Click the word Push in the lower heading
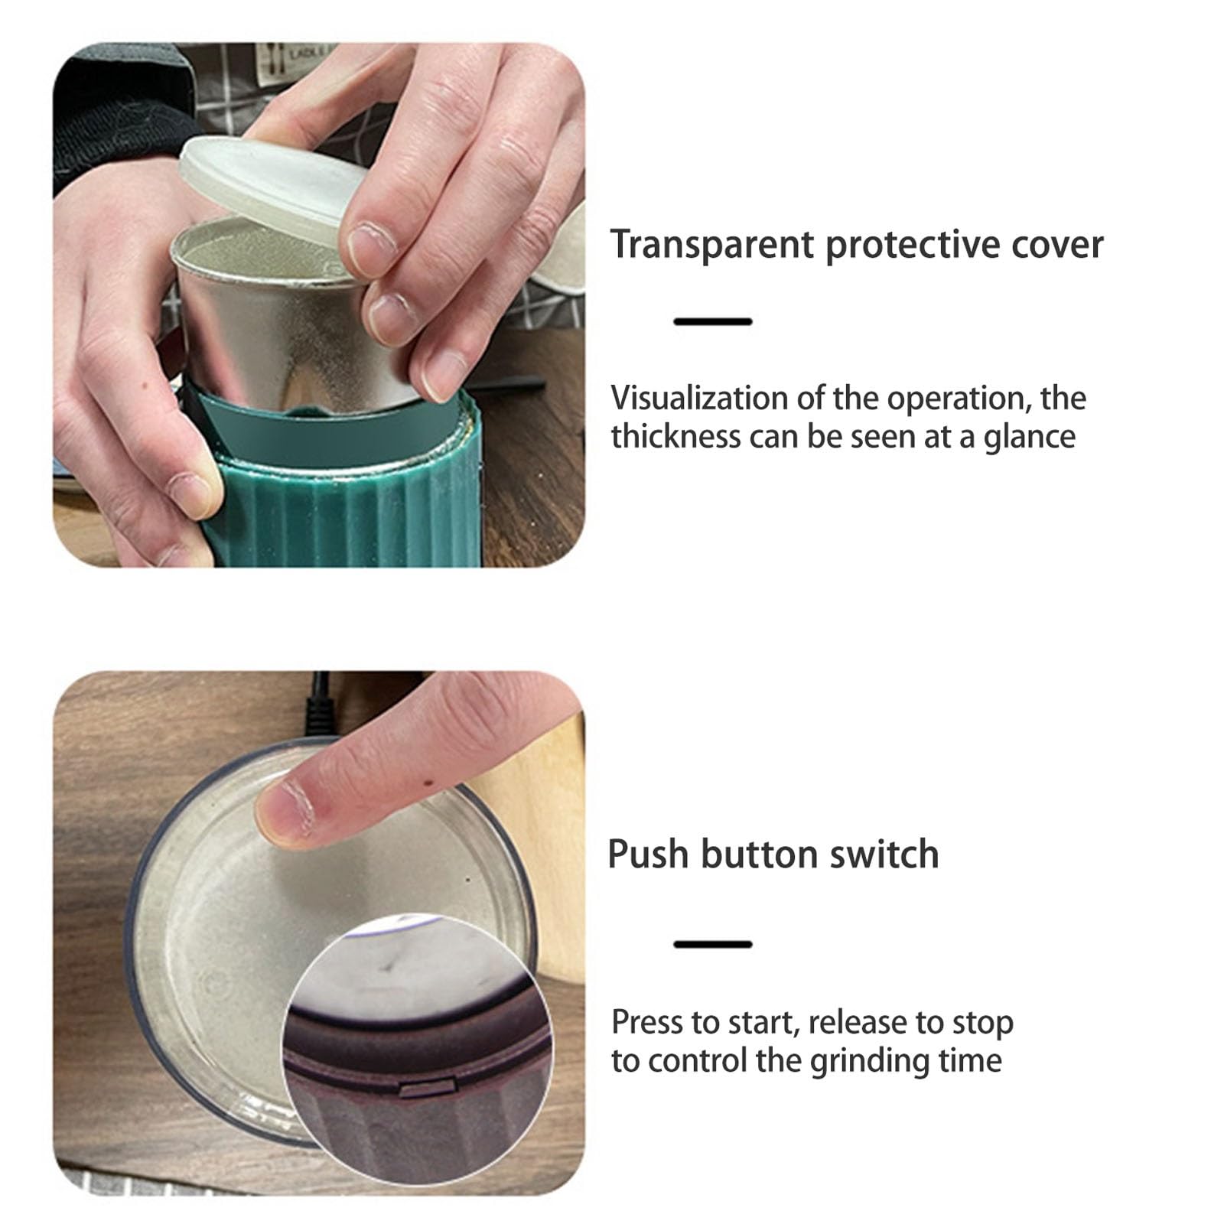(648, 854)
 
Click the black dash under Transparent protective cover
(713, 322)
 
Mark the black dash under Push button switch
(713, 945)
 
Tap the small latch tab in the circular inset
(425, 1085)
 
